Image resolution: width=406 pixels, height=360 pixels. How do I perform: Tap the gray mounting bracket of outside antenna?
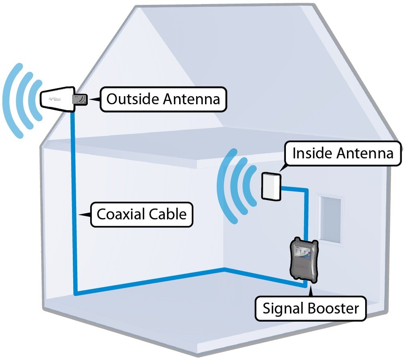pyautogui.click(x=80, y=99)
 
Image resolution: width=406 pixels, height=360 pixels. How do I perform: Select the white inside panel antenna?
pyautogui.click(x=271, y=186)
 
